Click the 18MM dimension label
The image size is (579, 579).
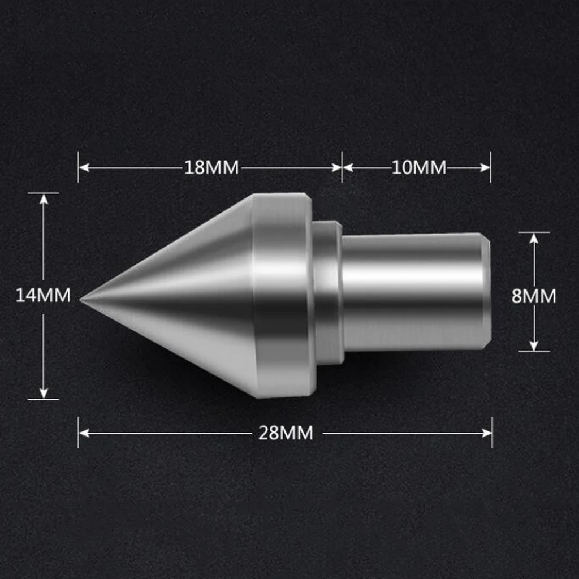(211, 168)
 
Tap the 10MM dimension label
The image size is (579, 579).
(418, 168)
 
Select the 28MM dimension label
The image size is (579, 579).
(286, 433)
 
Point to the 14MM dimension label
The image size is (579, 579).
(43, 295)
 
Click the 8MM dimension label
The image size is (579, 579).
(533, 296)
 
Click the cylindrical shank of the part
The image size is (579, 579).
(413, 291)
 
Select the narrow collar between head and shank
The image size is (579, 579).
(327, 292)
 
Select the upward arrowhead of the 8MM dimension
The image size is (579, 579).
(534, 237)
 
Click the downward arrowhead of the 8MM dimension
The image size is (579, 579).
(534, 345)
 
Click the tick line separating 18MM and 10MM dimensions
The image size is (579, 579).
(342, 167)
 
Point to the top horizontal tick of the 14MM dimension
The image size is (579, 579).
(44, 193)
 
